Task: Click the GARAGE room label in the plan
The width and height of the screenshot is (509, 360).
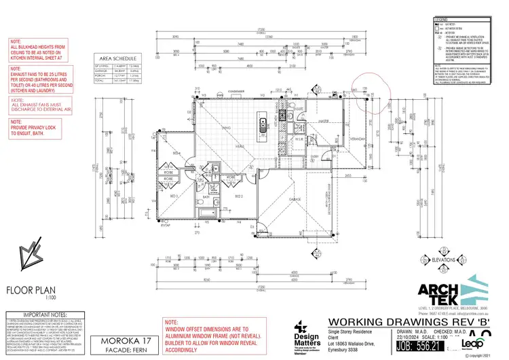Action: click(295, 200)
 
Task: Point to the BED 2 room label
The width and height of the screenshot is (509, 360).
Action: click(238, 196)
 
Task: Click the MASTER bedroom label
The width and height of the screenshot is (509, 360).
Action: click(324, 122)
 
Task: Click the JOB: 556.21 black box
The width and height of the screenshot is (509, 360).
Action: click(421, 345)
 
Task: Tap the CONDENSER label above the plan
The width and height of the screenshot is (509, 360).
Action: click(235, 92)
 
